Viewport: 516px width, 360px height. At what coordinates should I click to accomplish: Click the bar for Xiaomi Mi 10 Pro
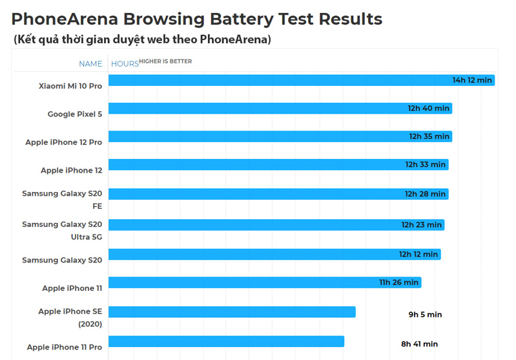coord(278,80)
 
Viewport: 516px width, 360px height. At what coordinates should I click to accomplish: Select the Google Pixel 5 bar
coord(258,109)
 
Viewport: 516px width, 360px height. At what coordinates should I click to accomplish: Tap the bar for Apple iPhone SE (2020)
coord(232,312)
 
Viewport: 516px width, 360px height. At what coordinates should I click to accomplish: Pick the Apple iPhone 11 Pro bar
coord(226,341)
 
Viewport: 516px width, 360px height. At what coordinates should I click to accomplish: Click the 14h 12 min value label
coord(472,80)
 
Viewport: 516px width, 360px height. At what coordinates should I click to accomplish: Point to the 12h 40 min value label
coord(428,109)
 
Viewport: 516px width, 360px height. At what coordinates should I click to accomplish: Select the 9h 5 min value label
coord(425,315)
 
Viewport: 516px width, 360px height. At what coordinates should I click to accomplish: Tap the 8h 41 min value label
coord(419,344)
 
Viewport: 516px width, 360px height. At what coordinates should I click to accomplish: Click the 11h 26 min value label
coord(399,282)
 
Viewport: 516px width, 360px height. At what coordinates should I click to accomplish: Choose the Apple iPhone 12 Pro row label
coord(63,142)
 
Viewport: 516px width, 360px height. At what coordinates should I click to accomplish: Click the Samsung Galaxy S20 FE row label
coord(62,200)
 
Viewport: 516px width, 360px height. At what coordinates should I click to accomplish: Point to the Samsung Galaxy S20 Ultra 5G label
coord(62,230)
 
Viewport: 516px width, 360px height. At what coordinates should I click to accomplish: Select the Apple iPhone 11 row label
coord(72,288)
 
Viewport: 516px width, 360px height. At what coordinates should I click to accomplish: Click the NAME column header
coord(90,63)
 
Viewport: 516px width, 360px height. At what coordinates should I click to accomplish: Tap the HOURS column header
coord(125,63)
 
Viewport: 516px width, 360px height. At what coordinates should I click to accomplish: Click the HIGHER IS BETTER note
coord(165,61)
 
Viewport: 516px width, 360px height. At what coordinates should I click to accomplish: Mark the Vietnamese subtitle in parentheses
coord(142,40)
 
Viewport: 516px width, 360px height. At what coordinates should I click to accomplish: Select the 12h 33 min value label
coord(426,165)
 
